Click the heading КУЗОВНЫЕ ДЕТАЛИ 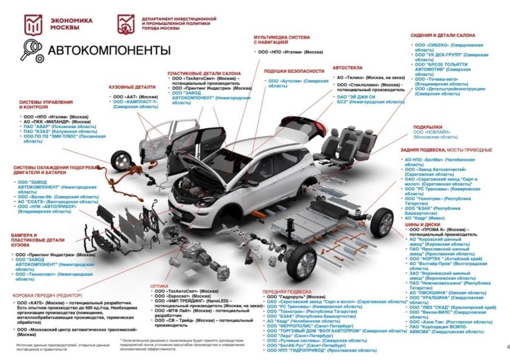coord(129,87)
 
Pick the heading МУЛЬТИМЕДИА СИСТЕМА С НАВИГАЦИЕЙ coord(281,39)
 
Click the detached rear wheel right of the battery coord(382,223)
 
